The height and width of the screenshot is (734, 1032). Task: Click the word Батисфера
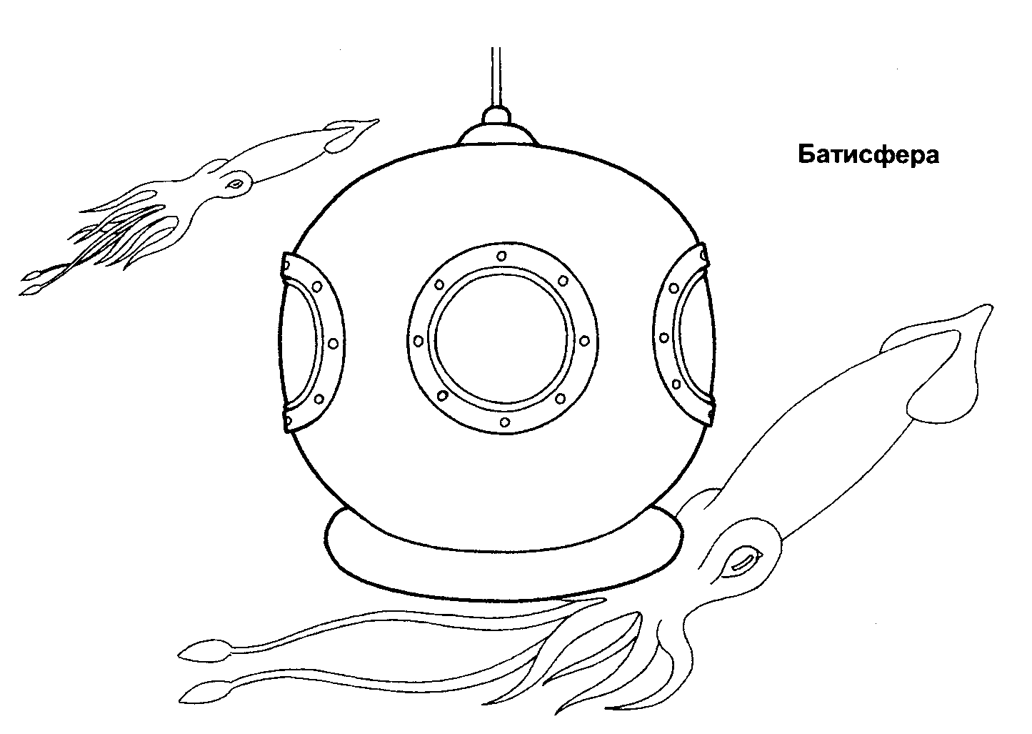[868, 156]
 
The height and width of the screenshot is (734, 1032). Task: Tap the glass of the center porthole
[503, 339]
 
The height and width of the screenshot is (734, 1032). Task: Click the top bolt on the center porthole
[501, 256]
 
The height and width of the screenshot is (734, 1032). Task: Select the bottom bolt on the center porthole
[504, 422]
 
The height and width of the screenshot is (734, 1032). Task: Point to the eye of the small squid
[236, 184]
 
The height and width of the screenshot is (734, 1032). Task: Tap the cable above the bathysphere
[496, 77]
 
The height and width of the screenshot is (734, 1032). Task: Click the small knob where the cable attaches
[496, 115]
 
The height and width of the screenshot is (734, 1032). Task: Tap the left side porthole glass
[299, 344]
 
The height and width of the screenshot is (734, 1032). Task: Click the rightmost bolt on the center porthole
[584, 341]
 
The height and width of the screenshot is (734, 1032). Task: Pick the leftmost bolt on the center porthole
[419, 341]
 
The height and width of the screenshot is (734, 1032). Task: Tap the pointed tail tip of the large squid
[991, 306]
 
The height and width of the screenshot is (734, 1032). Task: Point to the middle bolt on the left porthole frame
[333, 344]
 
